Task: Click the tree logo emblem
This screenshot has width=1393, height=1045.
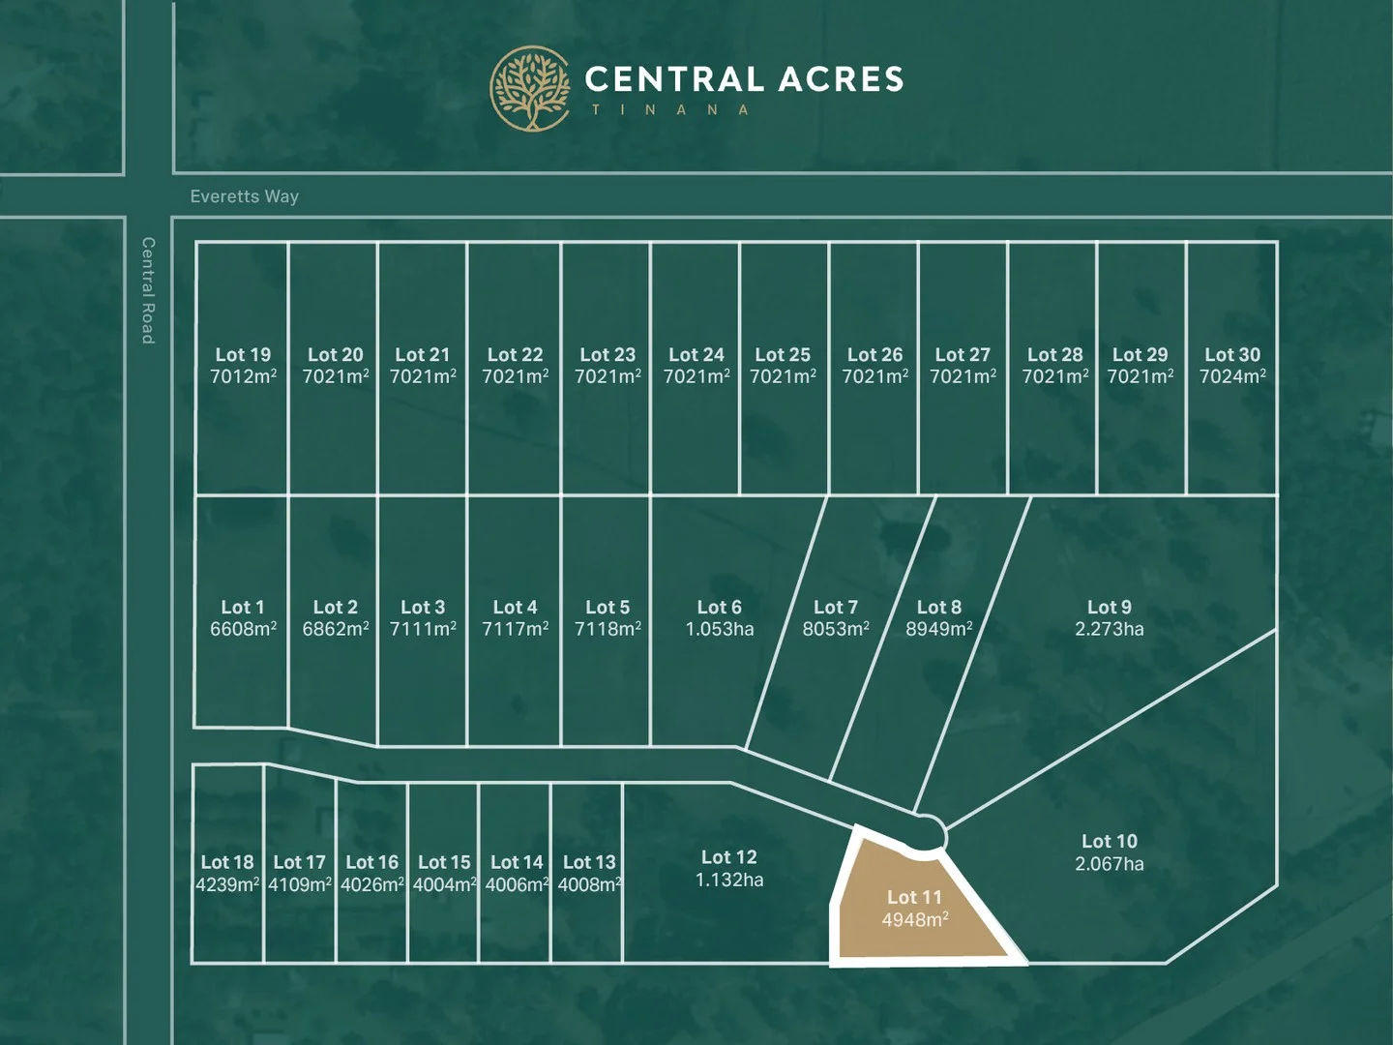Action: [x=529, y=89]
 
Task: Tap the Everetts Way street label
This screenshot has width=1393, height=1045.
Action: [x=244, y=196]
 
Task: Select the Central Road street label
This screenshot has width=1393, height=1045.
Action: [x=148, y=290]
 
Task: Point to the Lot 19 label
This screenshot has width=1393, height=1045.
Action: [x=243, y=355]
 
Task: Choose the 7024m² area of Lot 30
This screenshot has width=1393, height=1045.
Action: [x=1232, y=376]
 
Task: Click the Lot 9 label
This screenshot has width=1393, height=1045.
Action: [x=1109, y=608]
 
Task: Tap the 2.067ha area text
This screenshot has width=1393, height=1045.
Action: [x=1109, y=864]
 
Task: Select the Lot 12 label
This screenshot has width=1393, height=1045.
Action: [x=728, y=857]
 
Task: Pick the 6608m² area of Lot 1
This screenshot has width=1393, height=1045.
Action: [x=243, y=629]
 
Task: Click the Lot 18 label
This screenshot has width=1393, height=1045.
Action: [x=227, y=862]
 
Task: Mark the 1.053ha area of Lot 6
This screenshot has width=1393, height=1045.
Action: [x=719, y=629]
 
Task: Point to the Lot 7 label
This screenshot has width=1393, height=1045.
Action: [x=835, y=608]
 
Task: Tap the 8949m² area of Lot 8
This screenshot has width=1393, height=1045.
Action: [x=938, y=629]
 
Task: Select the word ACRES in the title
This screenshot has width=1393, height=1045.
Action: [x=841, y=79]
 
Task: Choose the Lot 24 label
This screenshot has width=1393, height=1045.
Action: [x=696, y=355]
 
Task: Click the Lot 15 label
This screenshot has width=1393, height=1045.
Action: [x=444, y=862]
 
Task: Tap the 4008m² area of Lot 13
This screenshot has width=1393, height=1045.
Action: [x=589, y=884]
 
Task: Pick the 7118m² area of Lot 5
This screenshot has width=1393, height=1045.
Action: [x=608, y=629]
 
